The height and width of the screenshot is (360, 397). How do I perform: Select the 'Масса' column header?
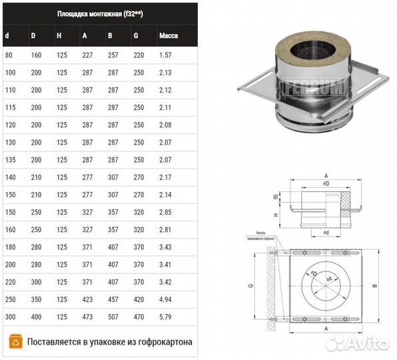tap(168, 35)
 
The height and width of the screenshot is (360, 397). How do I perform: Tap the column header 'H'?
tap(59, 35)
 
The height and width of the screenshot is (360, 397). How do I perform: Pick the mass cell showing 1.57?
tap(166, 55)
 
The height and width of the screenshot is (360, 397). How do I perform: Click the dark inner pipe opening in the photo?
tap(306, 49)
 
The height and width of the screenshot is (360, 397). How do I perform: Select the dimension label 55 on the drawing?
tap(276, 197)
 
